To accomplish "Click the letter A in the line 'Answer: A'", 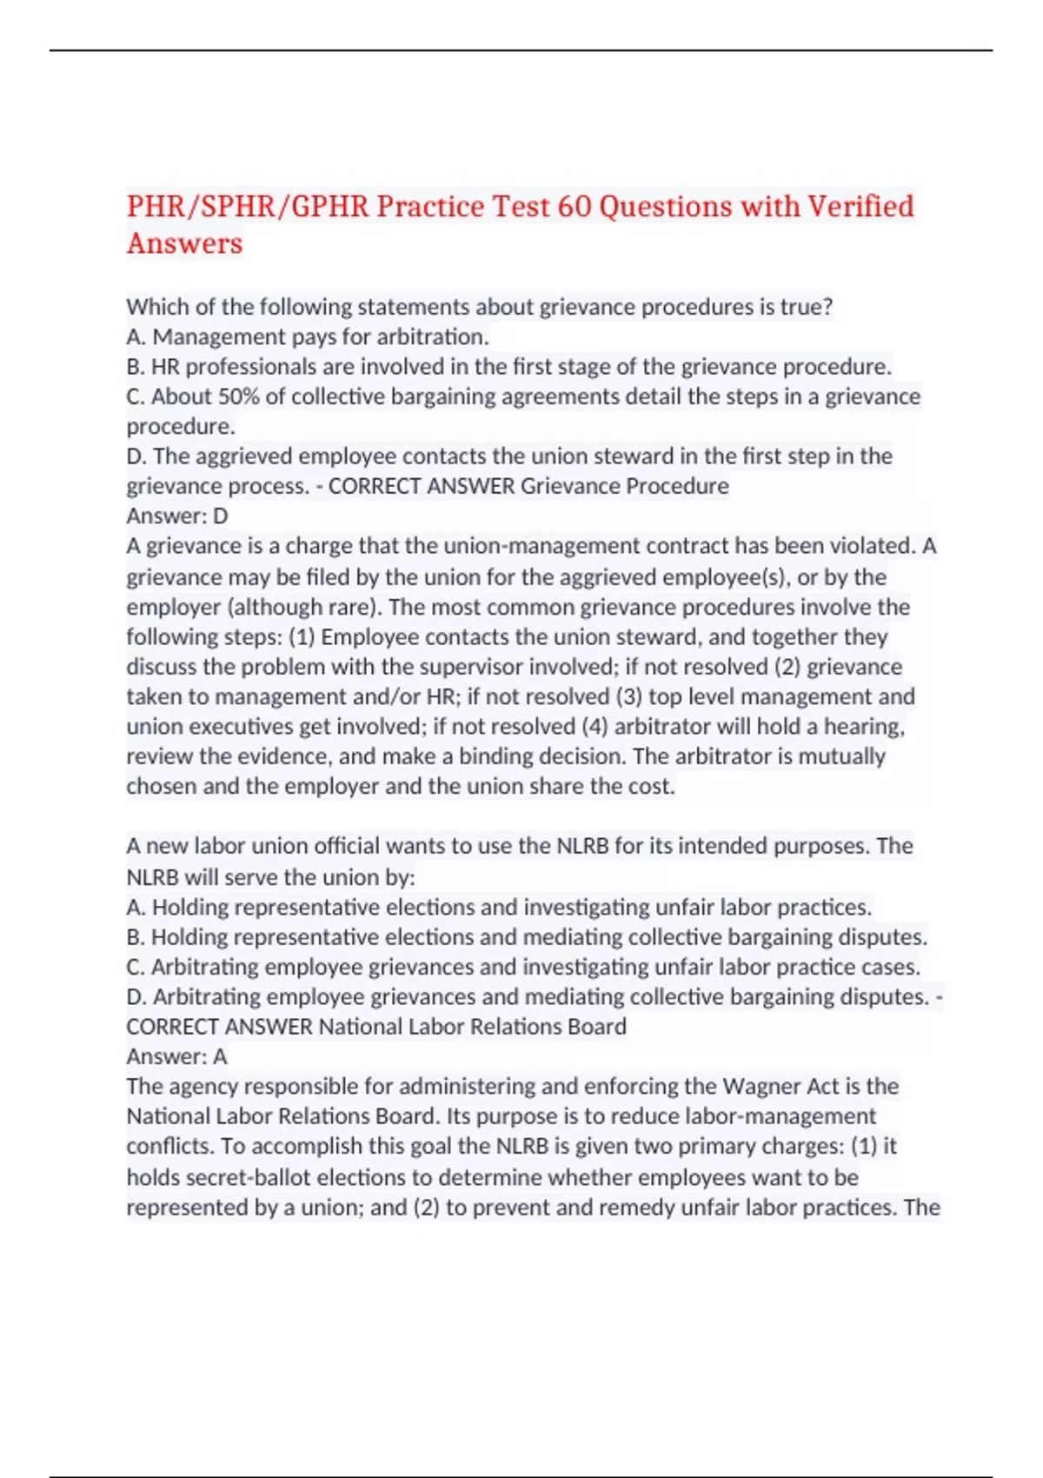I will tap(220, 1057).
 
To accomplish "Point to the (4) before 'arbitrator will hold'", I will tap(595, 727).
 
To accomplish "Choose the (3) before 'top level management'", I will tap(628, 697).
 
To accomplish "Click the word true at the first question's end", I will tap(809, 307).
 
